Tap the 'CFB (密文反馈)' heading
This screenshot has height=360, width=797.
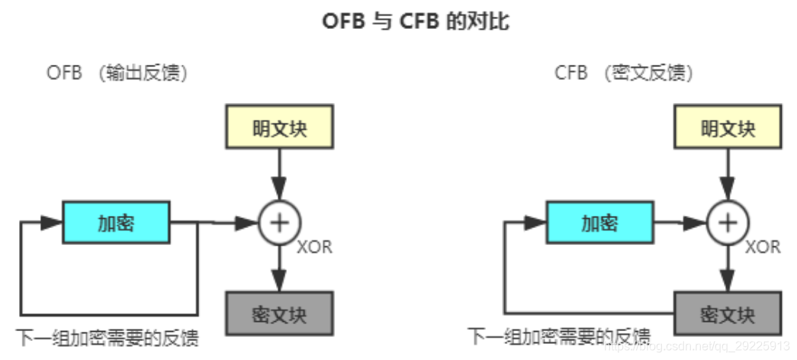[624, 73]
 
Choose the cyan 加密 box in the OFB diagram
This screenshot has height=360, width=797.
[116, 223]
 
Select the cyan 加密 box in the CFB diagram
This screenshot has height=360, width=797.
[599, 223]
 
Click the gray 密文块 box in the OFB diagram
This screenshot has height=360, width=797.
[280, 313]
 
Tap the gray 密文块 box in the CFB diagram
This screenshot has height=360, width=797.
[728, 313]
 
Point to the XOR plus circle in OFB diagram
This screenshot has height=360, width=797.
[280, 223]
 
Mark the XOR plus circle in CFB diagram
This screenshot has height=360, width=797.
[728, 223]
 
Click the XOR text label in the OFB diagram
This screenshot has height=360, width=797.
[314, 248]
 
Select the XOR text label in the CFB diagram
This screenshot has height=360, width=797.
[762, 248]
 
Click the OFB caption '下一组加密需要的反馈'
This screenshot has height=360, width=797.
[108, 337]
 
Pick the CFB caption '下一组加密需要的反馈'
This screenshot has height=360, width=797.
[559, 336]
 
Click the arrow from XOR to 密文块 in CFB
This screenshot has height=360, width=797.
[728, 267]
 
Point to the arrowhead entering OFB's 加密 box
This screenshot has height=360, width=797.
[52, 223]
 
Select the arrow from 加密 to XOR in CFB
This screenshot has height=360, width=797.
[680, 223]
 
